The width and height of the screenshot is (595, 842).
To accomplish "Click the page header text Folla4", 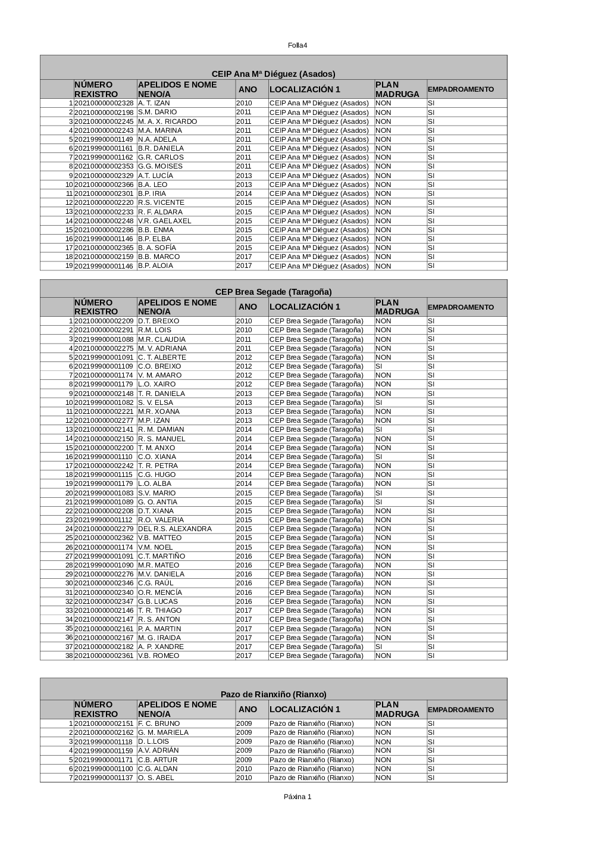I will point(297,45).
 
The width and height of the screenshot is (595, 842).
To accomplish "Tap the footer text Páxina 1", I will point(297,797).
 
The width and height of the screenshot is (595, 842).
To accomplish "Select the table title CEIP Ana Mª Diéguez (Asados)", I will point(273,74).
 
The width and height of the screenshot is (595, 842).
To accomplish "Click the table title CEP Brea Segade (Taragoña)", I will point(273,292).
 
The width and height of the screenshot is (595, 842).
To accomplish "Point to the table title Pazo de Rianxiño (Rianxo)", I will point(273,694).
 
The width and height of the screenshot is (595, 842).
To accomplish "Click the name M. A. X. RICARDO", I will point(167,121).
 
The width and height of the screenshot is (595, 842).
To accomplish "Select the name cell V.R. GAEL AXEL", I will point(165,221).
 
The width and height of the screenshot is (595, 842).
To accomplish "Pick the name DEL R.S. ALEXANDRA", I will point(174,529).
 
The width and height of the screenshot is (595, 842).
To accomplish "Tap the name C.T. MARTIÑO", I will point(161,556).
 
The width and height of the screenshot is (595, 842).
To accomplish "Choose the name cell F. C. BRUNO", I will point(159,724).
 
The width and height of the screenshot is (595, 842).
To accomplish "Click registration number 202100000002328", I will point(104,103).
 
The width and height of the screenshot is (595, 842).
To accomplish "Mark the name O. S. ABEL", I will point(156,778).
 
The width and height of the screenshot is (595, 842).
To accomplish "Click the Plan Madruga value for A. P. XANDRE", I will point(379,647).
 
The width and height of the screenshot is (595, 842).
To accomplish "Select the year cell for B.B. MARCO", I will point(244,257).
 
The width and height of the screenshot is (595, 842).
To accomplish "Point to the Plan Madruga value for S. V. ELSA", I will point(379,403).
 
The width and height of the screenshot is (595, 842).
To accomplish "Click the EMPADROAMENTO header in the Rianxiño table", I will point(461,710).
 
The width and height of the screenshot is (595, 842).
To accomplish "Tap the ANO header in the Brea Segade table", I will point(248,307).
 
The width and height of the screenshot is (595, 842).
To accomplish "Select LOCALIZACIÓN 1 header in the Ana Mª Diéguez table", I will point(305,89).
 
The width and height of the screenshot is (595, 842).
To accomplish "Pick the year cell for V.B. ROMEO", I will point(244,656).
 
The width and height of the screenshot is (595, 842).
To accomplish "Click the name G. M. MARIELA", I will point(163,732).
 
